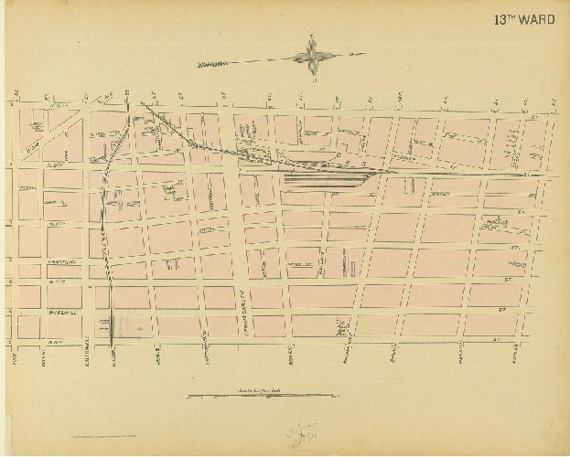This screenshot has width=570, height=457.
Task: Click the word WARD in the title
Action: pyautogui.click(x=534, y=16)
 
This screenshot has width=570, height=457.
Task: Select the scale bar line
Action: pyautogui.click(x=261, y=396)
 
